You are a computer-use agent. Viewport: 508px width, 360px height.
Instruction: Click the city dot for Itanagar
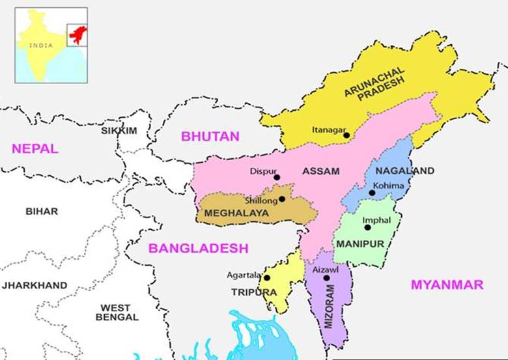pos(346,135)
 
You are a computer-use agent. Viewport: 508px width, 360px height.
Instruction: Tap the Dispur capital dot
pos(277,177)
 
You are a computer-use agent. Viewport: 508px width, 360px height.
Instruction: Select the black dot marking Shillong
pos(282,199)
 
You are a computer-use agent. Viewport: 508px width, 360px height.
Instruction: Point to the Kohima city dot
pos(372,193)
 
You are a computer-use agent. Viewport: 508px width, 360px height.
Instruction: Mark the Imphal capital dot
pos(367,227)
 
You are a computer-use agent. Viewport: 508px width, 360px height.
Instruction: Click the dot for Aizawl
pos(327,278)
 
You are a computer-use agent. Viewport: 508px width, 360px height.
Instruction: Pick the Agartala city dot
pos(267,278)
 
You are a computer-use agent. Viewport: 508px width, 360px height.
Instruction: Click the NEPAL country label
pos(35,148)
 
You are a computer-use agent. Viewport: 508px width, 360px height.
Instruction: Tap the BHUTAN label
pos(210,137)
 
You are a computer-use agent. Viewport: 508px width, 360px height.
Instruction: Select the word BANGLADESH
pos(198,248)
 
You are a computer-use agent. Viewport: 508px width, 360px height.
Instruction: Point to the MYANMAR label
pos(447,284)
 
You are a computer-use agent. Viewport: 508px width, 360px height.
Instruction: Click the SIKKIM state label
pos(119,131)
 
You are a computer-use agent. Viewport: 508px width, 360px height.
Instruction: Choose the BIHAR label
pos(42,211)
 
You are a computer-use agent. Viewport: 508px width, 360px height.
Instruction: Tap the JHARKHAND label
pos(35,285)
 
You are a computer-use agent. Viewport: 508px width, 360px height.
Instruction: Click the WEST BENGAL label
pos(116,312)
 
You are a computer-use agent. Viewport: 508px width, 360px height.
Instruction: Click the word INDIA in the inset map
pos(40,45)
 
